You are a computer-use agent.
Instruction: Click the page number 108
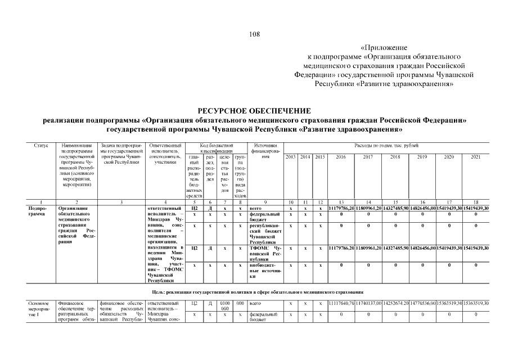254,34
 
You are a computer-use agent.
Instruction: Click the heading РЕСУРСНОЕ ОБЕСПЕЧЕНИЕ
254,111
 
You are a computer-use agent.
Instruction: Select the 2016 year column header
341,157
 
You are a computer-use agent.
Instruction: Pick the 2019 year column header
422,157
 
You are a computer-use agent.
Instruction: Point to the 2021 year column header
476,157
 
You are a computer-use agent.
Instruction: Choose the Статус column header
41,146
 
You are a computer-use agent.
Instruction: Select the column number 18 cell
476,201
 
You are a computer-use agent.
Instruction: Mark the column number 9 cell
265,201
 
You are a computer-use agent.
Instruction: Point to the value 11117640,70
341,304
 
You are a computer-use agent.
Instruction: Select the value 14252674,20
395,304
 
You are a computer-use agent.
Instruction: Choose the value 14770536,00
422,304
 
